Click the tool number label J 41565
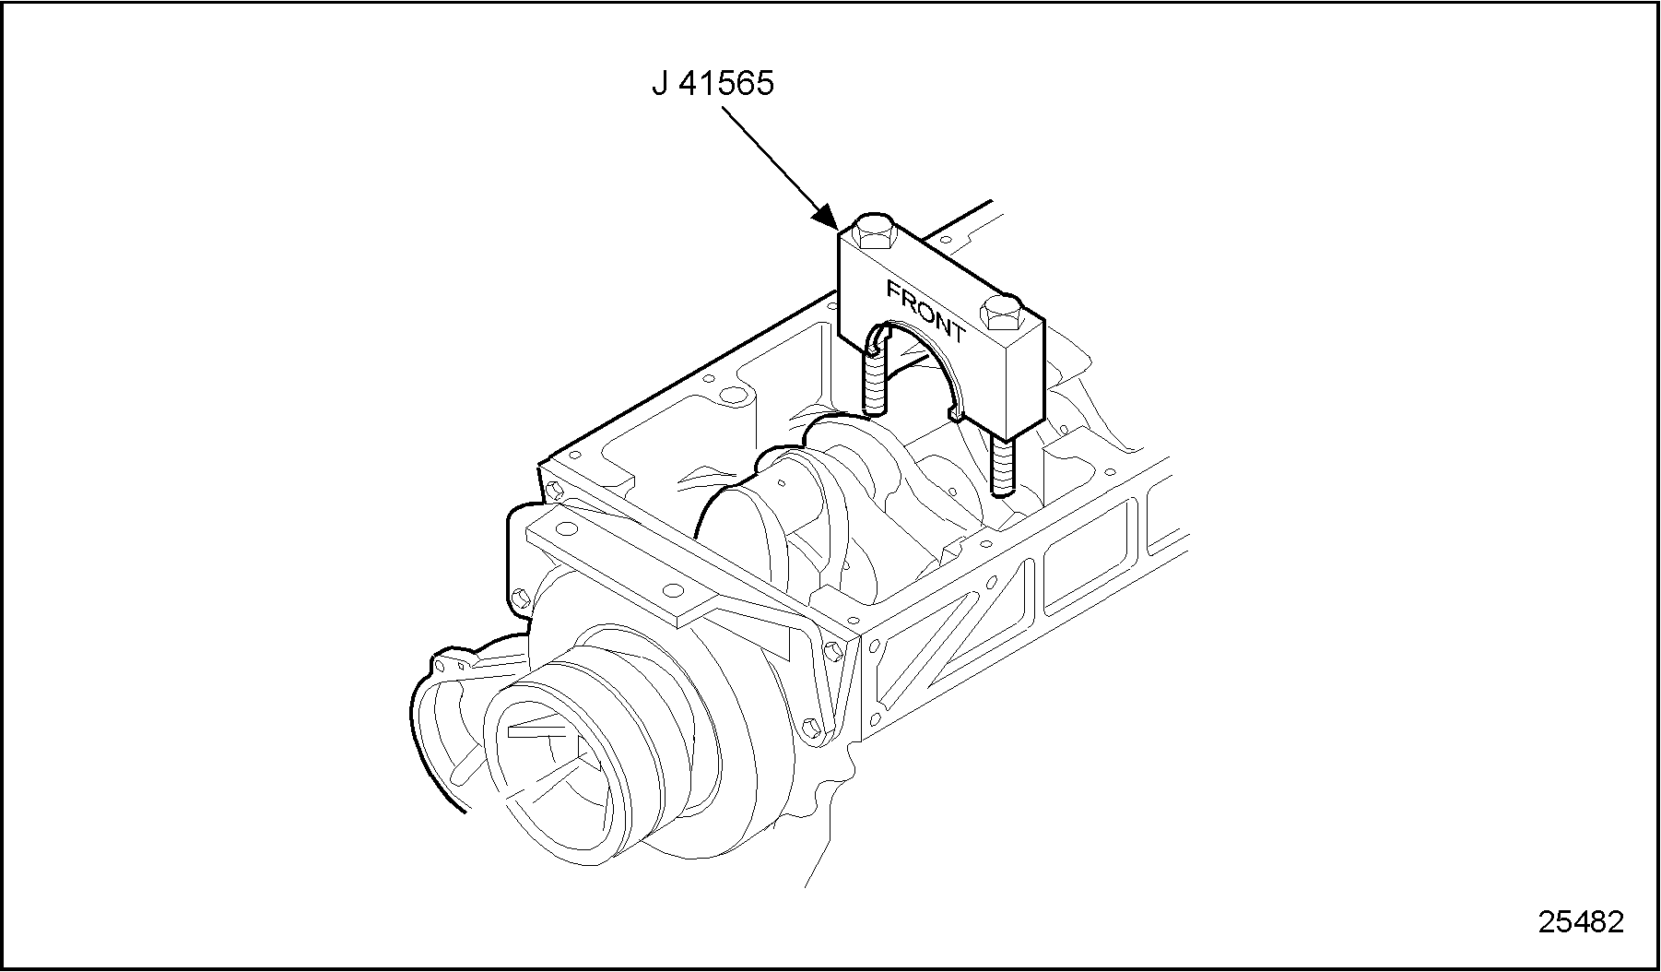click(713, 84)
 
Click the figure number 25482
click(1580, 921)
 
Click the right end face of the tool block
click(1025, 378)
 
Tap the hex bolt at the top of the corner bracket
click(834, 651)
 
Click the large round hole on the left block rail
click(733, 397)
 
